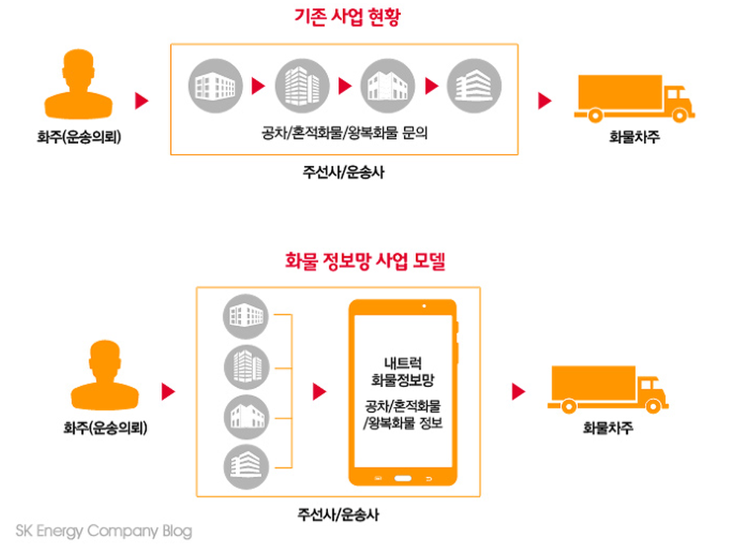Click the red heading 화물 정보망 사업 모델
click(x=364, y=261)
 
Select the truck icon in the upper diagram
click(x=634, y=98)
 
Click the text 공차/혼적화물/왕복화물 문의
click(x=344, y=134)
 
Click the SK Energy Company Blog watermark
click(x=103, y=531)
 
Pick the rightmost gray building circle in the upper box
click(x=474, y=85)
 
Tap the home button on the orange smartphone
click(x=402, y=477)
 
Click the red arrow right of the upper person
click(x=141, y=101)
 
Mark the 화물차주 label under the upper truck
click(x=634, y=137)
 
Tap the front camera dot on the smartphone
click(x=423, y=307)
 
